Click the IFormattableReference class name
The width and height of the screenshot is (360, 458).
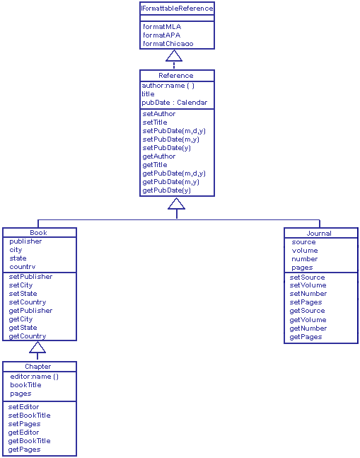(176, 8)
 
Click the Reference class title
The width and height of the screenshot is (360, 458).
(176, 75)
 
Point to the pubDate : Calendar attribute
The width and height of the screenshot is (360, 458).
(175, 103)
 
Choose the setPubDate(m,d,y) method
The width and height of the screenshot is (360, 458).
(173, 131)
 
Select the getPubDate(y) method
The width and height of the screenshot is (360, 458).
(166, 190)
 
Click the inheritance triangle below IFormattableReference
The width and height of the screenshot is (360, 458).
(174, 56)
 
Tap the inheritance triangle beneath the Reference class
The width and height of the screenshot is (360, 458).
(176, 204)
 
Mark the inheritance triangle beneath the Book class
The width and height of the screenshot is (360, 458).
(37, 348)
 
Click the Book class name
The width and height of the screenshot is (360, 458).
(38, 233)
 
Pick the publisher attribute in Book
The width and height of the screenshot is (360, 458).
(25, 241)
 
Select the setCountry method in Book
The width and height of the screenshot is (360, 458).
(27, 302)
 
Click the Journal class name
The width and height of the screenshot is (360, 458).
(319, 233)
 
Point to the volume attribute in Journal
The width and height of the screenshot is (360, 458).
(305, 251)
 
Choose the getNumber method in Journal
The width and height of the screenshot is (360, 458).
(308, 328)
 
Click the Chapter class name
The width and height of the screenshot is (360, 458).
(37, 367)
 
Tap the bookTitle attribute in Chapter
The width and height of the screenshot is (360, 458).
(25, 385)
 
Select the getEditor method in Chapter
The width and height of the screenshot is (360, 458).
(23, 433)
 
